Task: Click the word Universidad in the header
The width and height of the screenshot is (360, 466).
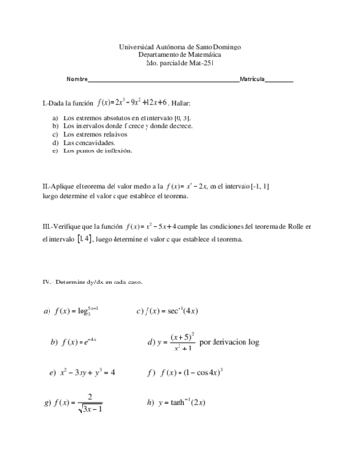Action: [x=135, y=46]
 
